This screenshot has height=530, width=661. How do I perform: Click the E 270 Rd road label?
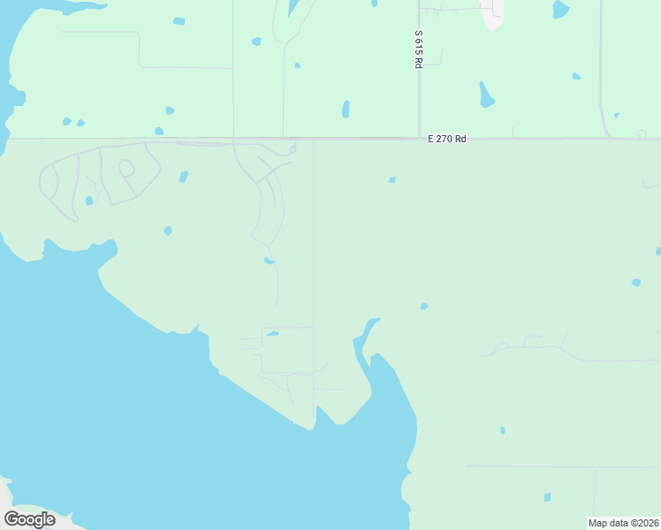coord(446,139)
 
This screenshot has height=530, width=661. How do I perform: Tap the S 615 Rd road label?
coord(418,50)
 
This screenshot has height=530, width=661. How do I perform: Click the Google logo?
coord(30,519)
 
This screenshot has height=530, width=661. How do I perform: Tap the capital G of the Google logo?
coord(12,519)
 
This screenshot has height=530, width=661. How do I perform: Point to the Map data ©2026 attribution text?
coord(623,523)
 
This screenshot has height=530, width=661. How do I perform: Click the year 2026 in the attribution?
coord(645,523)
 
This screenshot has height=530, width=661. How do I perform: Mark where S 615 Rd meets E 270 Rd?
coord(419,138)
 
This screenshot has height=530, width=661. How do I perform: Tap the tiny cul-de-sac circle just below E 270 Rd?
coord(292,149)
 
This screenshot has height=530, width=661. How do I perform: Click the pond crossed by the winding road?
coord(269,261)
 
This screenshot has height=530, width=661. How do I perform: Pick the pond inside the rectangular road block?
coord(273,334)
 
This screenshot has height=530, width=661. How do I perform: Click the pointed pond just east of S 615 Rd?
coord(486,95)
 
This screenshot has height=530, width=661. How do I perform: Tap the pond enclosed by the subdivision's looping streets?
coord(89,201)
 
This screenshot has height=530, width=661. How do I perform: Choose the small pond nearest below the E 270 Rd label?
coord(391,180)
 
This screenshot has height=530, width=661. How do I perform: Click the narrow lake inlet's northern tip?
coord(375,320)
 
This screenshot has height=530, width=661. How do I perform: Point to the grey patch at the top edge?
coord(493,12)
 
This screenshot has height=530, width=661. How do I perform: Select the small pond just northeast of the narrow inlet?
coord(424,307)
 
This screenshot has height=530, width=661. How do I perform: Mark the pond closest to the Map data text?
coord(547,497)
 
